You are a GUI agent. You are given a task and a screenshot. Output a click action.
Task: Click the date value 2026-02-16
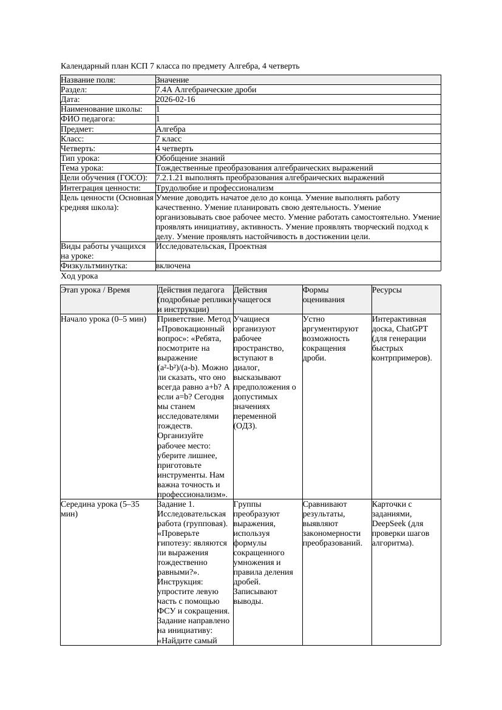pyautogui.click(x=175, y=100)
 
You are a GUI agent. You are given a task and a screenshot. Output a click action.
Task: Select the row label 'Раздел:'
pyautogui.click(x=75, y=90)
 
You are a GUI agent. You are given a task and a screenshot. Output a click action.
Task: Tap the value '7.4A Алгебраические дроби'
pyautogui.click(x=206, y=90)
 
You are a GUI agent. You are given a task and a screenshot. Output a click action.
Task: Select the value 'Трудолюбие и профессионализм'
pyautogui.click(x=214, y=188)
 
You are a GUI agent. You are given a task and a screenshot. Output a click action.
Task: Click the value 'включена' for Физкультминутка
pyautogui.click(x=173, y=266)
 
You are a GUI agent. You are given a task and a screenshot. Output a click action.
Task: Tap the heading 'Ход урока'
pyautogui.click(x=79, y=276)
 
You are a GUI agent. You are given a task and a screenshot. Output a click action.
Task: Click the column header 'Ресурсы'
pyautogui.click(x=387, y=290)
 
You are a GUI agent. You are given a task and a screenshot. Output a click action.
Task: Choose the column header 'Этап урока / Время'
pyautogui.click(x=95, y=290)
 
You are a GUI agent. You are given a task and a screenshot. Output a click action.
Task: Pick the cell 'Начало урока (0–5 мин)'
pyautogui.click(x=104, y=319)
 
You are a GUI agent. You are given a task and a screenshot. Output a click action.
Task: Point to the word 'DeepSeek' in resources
pyautogui.click(x=388, y=524)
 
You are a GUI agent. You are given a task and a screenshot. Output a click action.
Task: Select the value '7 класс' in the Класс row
pyautogui.click(x=169, y=139)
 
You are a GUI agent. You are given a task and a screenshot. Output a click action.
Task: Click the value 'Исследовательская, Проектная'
pyautogui.click(x=211, y=246)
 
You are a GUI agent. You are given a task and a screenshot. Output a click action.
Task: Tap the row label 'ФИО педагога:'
pyautogui.click(x=88, y=119)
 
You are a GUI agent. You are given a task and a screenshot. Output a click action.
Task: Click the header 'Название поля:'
pyautogui.click(x=88, y=80)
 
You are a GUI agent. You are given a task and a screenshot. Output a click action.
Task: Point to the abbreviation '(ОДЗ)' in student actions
pyautogui.click(x=245, y=426)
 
